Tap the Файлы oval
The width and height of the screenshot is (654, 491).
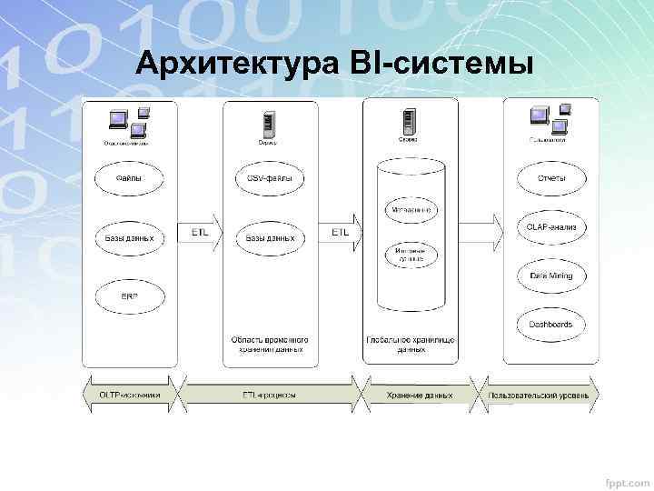click(128, 178)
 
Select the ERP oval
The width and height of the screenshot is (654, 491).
click(128, 296)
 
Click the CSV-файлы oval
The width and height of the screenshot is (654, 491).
click(270, 178)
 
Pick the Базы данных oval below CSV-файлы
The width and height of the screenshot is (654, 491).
click(270, 238)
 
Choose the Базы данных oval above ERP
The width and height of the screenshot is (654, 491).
click(128, 238)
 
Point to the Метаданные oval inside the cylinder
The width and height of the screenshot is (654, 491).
click(411, 209)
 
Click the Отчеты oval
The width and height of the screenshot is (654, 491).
click(551, 178)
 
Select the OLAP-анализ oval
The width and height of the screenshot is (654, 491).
click(551, 227)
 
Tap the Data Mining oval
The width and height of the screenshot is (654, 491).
click(551, 276)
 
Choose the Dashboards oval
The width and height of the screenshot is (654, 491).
click(551, 324)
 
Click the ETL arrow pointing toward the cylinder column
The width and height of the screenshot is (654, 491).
click(342, 233)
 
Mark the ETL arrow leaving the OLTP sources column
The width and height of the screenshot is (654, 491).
click(200, 233)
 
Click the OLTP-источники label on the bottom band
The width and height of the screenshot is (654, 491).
click(129, 396)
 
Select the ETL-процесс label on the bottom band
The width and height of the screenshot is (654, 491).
click(270, 396)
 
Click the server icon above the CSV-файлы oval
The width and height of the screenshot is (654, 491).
click(269, 124)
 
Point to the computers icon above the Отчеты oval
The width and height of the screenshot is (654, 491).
click(549, 119)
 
